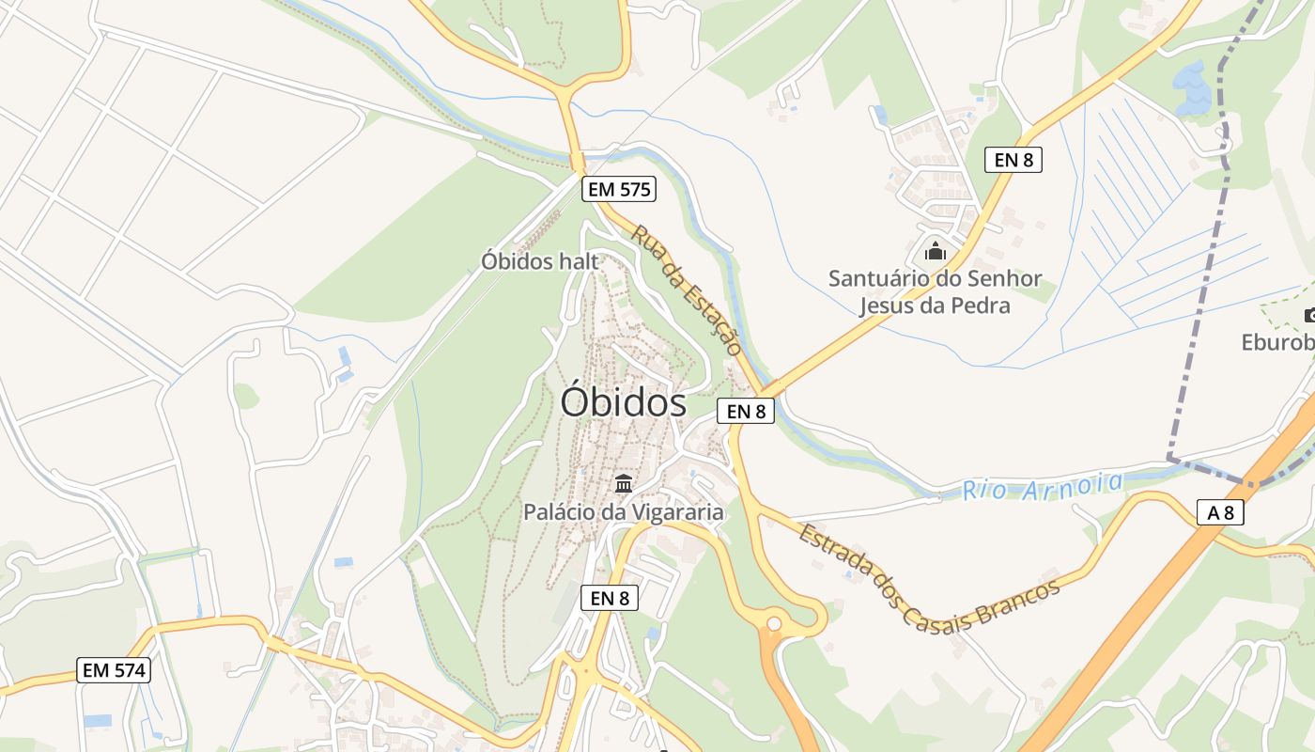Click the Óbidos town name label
coord(623,402)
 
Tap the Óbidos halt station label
coord(539,261)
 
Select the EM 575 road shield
coord(618,189)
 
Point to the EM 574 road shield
coord(114,670)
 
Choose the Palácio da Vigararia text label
coord(624,512)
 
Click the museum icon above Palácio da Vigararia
coord(623,484)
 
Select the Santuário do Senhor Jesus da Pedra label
coord(935,291)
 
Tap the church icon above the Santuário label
coord(935,252)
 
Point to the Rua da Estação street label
coord(687,289)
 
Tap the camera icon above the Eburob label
coord(1308,315)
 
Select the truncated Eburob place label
coord(1277,342)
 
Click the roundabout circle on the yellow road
coord(774,623)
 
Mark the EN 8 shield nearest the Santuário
coord(1013,160)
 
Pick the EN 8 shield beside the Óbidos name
coord(746,411)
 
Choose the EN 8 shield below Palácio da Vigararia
coord(610,597)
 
